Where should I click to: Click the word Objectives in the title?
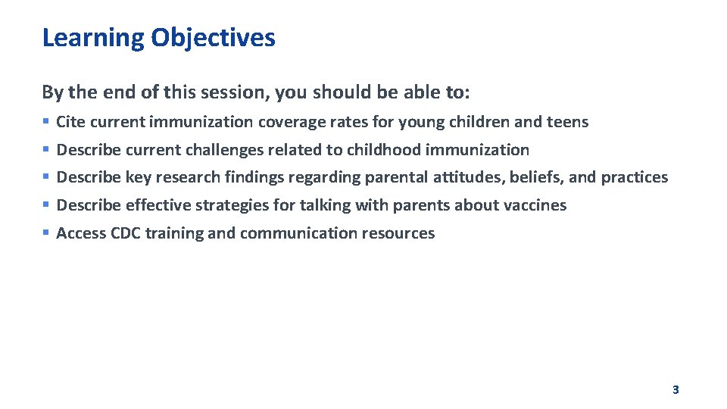[213, 37]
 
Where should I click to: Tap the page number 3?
[676, 390]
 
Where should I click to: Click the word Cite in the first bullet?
[70, 122]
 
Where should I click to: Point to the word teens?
[567, 122]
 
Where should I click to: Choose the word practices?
[635, 177]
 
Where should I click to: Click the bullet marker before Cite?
[46, 122]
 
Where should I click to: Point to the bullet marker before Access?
[46, 233]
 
